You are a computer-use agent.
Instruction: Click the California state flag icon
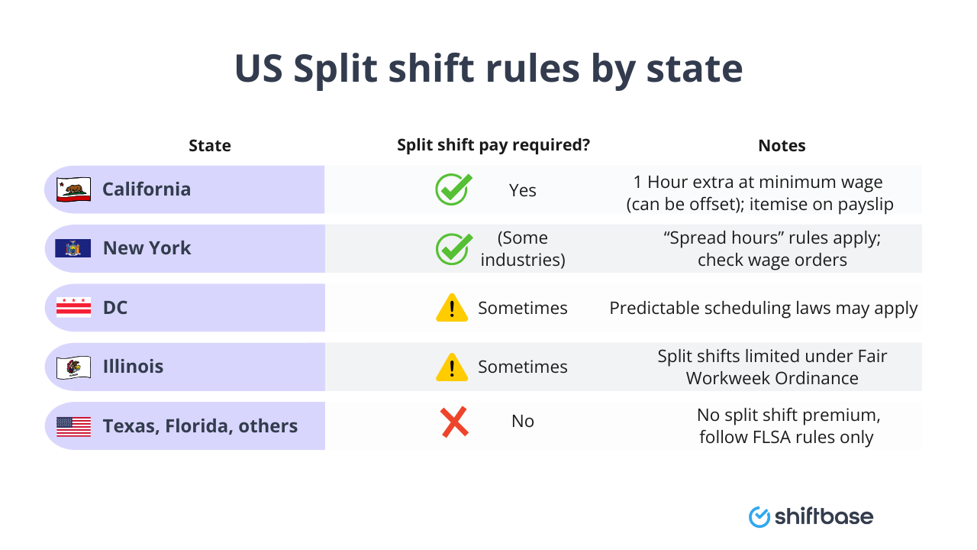point(73,189)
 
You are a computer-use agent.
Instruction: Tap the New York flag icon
point(73,248)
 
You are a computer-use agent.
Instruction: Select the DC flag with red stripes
point(73,308)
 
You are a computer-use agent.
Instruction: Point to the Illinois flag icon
point(73,367)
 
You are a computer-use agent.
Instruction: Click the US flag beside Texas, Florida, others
point(73,426)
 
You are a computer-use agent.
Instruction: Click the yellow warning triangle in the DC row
point(452,308)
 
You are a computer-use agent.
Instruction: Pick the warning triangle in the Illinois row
point(452,367)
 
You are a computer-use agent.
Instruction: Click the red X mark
point(454,422)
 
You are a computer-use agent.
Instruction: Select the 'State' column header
point(210,145)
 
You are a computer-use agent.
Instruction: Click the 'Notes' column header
point(782,145)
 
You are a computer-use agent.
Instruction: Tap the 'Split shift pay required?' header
point(493,145)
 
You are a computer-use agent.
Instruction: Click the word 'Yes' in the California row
point(523,190)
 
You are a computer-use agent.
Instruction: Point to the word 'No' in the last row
point(523,422)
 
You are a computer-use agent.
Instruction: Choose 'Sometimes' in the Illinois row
point(523,367)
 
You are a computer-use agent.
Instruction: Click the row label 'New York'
point(147,248)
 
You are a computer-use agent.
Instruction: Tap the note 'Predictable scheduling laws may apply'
point(763,308)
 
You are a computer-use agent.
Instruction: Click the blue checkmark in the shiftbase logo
point(759,517)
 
